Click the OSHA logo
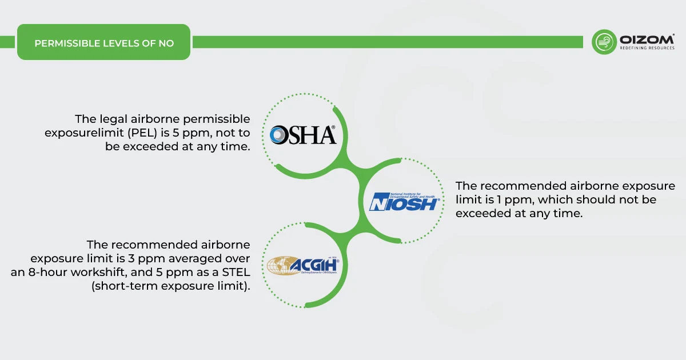pyautogui.click(x=303, y=135)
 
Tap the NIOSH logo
pyautogui.click(x=404, y=201)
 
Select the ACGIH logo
pyautogui.click(x=303, y=266)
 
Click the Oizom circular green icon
pyautogui.click(x=604, y=42)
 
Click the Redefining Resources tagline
pyautogui.click(x=647, y=49)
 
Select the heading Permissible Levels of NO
pyautogui.click(x=104, y=43)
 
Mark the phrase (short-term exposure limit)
pyautogui.click(x=170, y=286)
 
